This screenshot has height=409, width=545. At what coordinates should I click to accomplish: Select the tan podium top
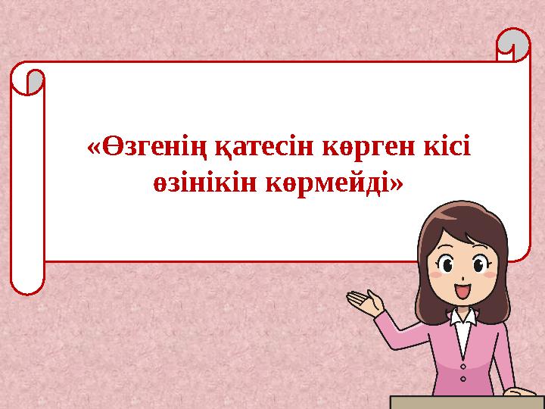point(466,401)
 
